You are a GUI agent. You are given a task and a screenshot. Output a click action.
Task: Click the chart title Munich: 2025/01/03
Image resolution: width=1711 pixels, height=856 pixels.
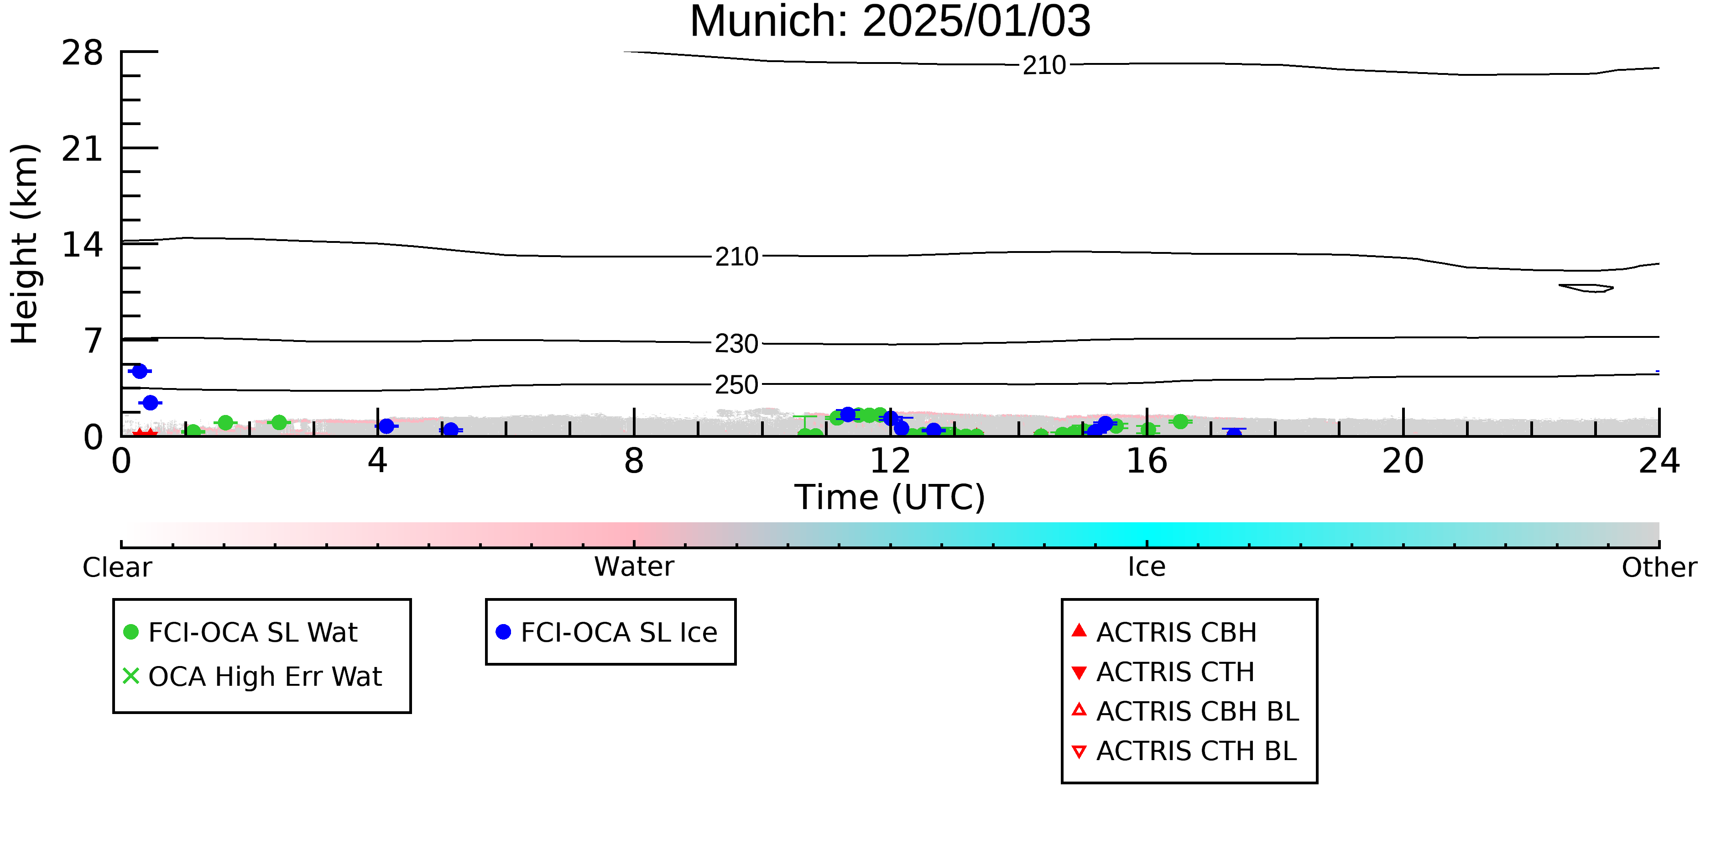click(x=890, y=21)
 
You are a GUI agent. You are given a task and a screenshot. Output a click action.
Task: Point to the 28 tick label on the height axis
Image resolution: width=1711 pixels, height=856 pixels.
click(x=83, y=53)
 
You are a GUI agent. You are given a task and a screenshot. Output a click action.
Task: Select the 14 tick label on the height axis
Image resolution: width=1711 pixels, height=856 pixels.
click(x=83, y=245)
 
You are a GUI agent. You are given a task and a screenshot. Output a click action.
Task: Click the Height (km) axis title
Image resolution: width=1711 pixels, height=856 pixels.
click(x=25, y=244)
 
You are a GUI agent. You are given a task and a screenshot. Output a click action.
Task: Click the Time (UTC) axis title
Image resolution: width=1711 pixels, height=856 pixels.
click(x=890, y=497)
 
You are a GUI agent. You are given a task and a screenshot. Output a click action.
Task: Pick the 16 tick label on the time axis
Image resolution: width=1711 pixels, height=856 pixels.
click(x=1147, y=461)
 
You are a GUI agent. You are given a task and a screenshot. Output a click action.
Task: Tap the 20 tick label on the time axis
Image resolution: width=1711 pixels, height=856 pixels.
click(x=1403, y=461)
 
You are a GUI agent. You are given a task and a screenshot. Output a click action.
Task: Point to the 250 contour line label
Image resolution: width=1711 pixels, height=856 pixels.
click(x=736, y=385)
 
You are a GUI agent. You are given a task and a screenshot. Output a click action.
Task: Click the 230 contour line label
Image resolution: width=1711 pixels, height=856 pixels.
click(x=736, y=344)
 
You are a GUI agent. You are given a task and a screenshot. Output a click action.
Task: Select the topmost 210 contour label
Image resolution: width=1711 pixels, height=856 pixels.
click(x=1044, y=65)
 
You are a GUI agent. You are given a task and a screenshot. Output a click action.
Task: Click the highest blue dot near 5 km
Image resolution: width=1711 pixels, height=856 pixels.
click(x=140, y=371)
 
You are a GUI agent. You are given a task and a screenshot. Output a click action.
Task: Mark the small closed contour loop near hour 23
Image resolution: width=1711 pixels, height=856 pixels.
click(x=1586, y=288)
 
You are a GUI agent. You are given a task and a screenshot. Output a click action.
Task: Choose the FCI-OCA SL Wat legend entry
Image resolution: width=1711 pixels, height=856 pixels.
click(x=241, y=632)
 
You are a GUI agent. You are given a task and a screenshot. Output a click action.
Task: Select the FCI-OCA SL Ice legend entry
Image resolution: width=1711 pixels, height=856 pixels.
click(x=607, y=632)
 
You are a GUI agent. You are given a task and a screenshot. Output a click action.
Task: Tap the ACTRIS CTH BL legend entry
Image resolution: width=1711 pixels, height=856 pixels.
click(x=1184, y=751)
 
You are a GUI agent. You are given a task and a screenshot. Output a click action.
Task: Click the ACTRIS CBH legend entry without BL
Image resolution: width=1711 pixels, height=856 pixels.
click(x=1164, y=632)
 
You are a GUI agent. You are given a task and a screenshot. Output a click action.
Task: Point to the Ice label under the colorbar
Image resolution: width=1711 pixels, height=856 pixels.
click(x=1147, y=567)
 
